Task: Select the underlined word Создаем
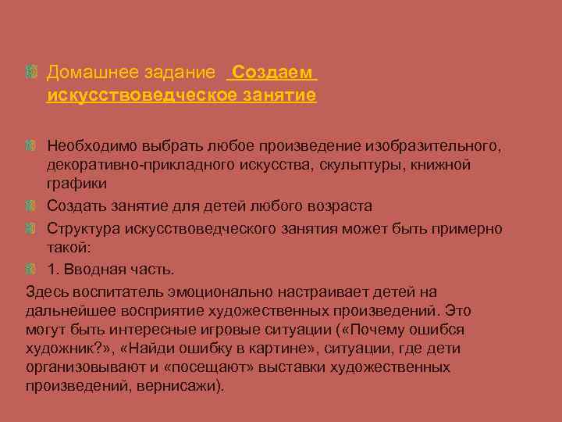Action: [271, 73]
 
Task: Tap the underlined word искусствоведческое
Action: [140, 95]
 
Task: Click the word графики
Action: [76, 183]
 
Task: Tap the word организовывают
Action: [77, 367]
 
